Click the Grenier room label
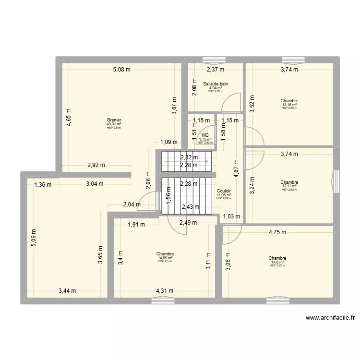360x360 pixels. click(114, 120)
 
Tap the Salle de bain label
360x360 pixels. click(216, 84)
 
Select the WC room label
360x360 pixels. click(205, 135)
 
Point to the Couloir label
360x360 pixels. click(224, 190)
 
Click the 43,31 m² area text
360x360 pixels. click(114, 124)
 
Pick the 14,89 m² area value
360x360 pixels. click(165, 258)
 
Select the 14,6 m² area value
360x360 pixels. click(277, 262)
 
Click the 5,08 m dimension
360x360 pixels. click(122, 70)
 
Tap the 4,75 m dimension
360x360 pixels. click(277, 232)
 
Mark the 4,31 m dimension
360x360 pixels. click(164, 290)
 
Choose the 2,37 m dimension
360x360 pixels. click(216, 70)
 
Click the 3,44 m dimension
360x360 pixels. click(67, 290)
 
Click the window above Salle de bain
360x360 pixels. click(215, 60)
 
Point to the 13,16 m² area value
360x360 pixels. click(289, 105)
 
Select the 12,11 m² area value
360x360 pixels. click(289, 186)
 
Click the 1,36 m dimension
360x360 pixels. click(42, 183)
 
